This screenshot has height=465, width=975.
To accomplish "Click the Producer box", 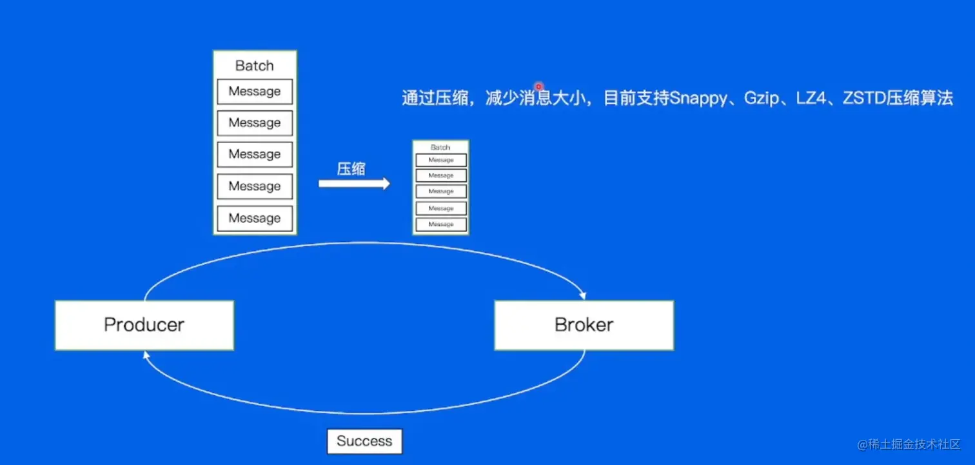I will point(144,325).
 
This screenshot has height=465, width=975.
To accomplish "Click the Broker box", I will point(584,325).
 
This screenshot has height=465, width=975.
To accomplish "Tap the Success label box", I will point(364,442).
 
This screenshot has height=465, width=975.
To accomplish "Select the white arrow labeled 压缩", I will point(354,184).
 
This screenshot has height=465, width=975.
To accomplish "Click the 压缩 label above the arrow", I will point(351,169).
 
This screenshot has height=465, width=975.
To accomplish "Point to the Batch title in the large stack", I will point(254,66).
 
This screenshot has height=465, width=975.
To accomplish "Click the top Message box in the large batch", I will point(254,92).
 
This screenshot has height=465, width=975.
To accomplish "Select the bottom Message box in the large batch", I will point(254,218).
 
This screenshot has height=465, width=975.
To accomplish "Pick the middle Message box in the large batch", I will point(254,155).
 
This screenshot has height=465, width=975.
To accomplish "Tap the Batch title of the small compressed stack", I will point(440,147).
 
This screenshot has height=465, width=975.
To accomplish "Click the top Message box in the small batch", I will point(441,160).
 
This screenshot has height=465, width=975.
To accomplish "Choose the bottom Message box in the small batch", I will point(441,224).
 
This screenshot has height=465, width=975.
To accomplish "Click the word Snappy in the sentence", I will point(698,99).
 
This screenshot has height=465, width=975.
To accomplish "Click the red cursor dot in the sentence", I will point(538,86).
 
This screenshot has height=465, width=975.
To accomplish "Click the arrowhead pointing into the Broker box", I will point(583,296).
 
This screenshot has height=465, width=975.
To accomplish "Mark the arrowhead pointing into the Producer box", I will point(146,355).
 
